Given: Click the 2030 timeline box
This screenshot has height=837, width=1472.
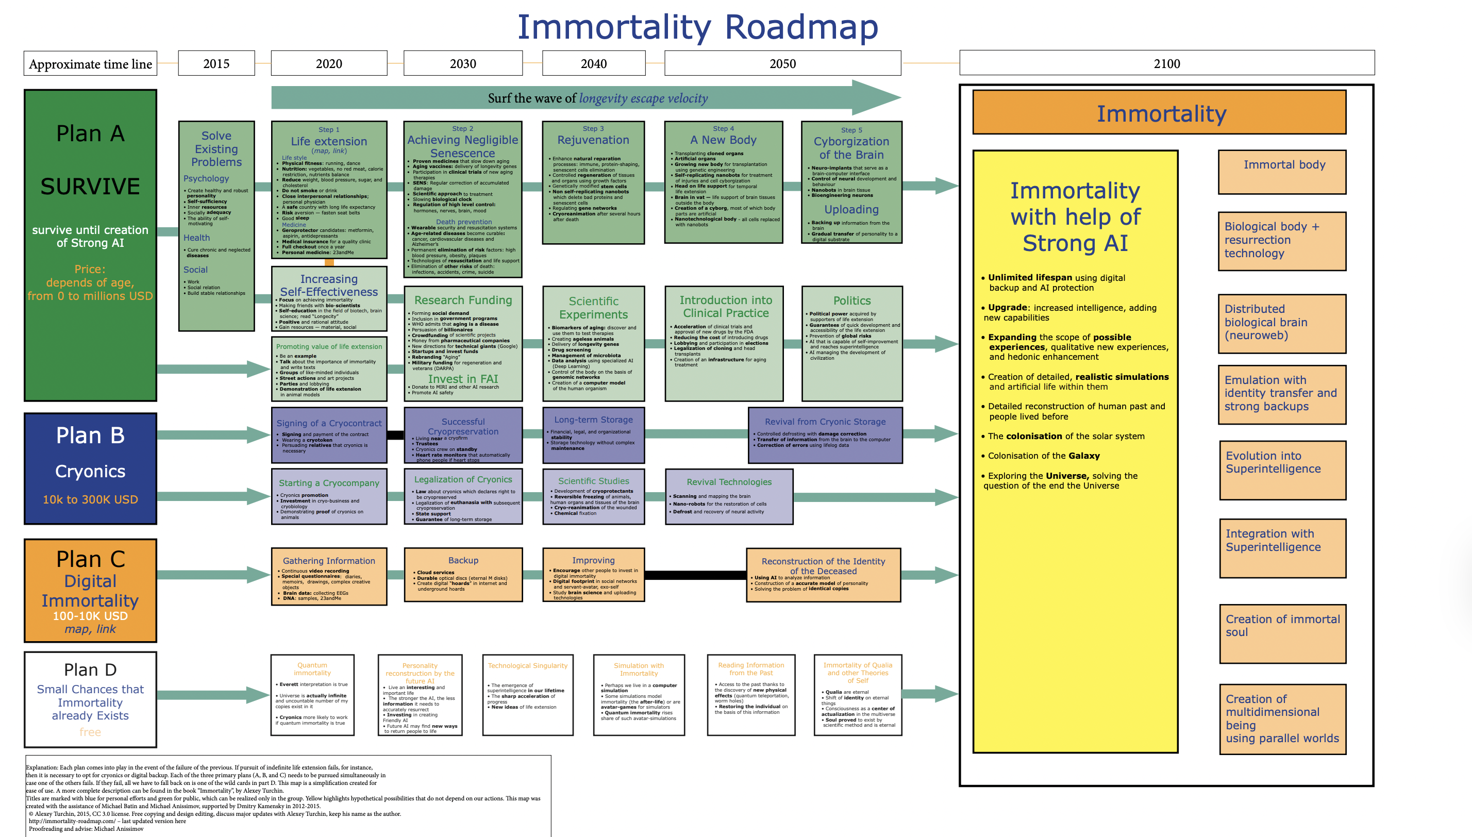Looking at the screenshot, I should [x=463, y=63].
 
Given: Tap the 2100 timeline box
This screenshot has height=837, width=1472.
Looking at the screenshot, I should [x=1166, y=63].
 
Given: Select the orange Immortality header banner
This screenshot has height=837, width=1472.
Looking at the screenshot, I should [x=1159, y=113].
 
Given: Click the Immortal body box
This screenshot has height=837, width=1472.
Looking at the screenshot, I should [x=1282, y=172].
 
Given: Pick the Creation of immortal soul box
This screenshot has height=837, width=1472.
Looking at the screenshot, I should [x=1282, y=633].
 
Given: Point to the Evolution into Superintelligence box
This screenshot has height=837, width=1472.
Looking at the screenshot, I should [x=1282, y=469].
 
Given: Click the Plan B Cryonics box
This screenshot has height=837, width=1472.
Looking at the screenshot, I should [x=90, y=468].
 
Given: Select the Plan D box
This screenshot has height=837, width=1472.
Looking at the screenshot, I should [x=90, y=699].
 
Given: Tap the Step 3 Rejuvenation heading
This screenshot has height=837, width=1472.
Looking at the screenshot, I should [x=593, y=140].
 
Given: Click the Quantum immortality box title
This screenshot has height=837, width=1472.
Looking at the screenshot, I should [x=312, y=668].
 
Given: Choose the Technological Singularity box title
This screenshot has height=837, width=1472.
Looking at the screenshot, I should [x=528, y=666].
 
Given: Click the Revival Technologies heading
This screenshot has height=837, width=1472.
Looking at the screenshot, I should [x=729, y=482].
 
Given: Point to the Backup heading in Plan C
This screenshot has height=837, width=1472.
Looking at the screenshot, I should [x=463, y=560].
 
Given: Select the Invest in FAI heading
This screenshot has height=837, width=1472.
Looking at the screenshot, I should [x=463, y=379].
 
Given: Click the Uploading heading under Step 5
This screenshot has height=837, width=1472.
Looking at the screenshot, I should [x=851, y=209].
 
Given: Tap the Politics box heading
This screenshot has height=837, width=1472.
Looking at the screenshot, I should [x=852, y=300].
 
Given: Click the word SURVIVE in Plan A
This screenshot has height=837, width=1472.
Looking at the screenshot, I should [x=90, y=186].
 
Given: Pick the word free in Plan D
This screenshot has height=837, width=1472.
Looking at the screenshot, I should [x=90, y=732].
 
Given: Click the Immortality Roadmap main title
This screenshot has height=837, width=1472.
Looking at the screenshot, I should [x=698, y=26].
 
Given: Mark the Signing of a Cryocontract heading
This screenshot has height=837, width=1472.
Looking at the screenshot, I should [x=329, y=423].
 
